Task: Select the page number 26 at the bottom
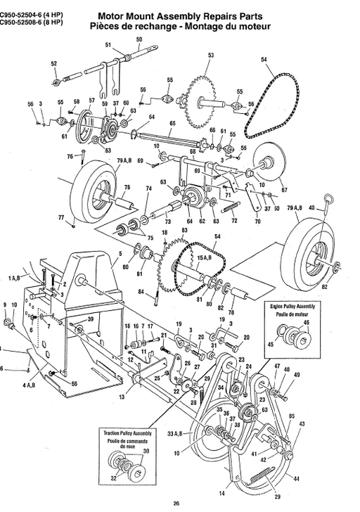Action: pos(176,502)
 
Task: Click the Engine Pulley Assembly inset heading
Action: pos(295,308)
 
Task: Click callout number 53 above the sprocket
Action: pos(211,55)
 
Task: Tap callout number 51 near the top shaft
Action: pos(108,45)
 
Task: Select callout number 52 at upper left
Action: pos(54,63)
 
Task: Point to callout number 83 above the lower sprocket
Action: pos(184,231)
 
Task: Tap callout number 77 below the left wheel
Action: pos(60,218)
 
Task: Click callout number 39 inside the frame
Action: pos(91,320)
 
